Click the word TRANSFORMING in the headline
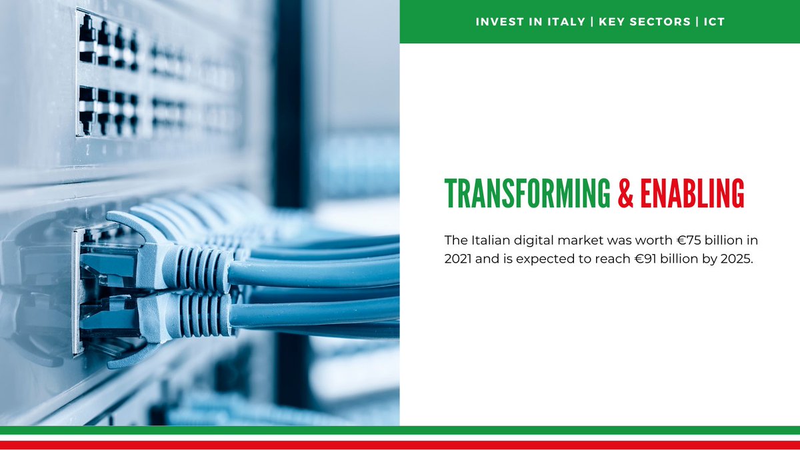[527, 193]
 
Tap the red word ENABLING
[692, 193]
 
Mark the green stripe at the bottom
[400, 430]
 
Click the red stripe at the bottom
[400, 445]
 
